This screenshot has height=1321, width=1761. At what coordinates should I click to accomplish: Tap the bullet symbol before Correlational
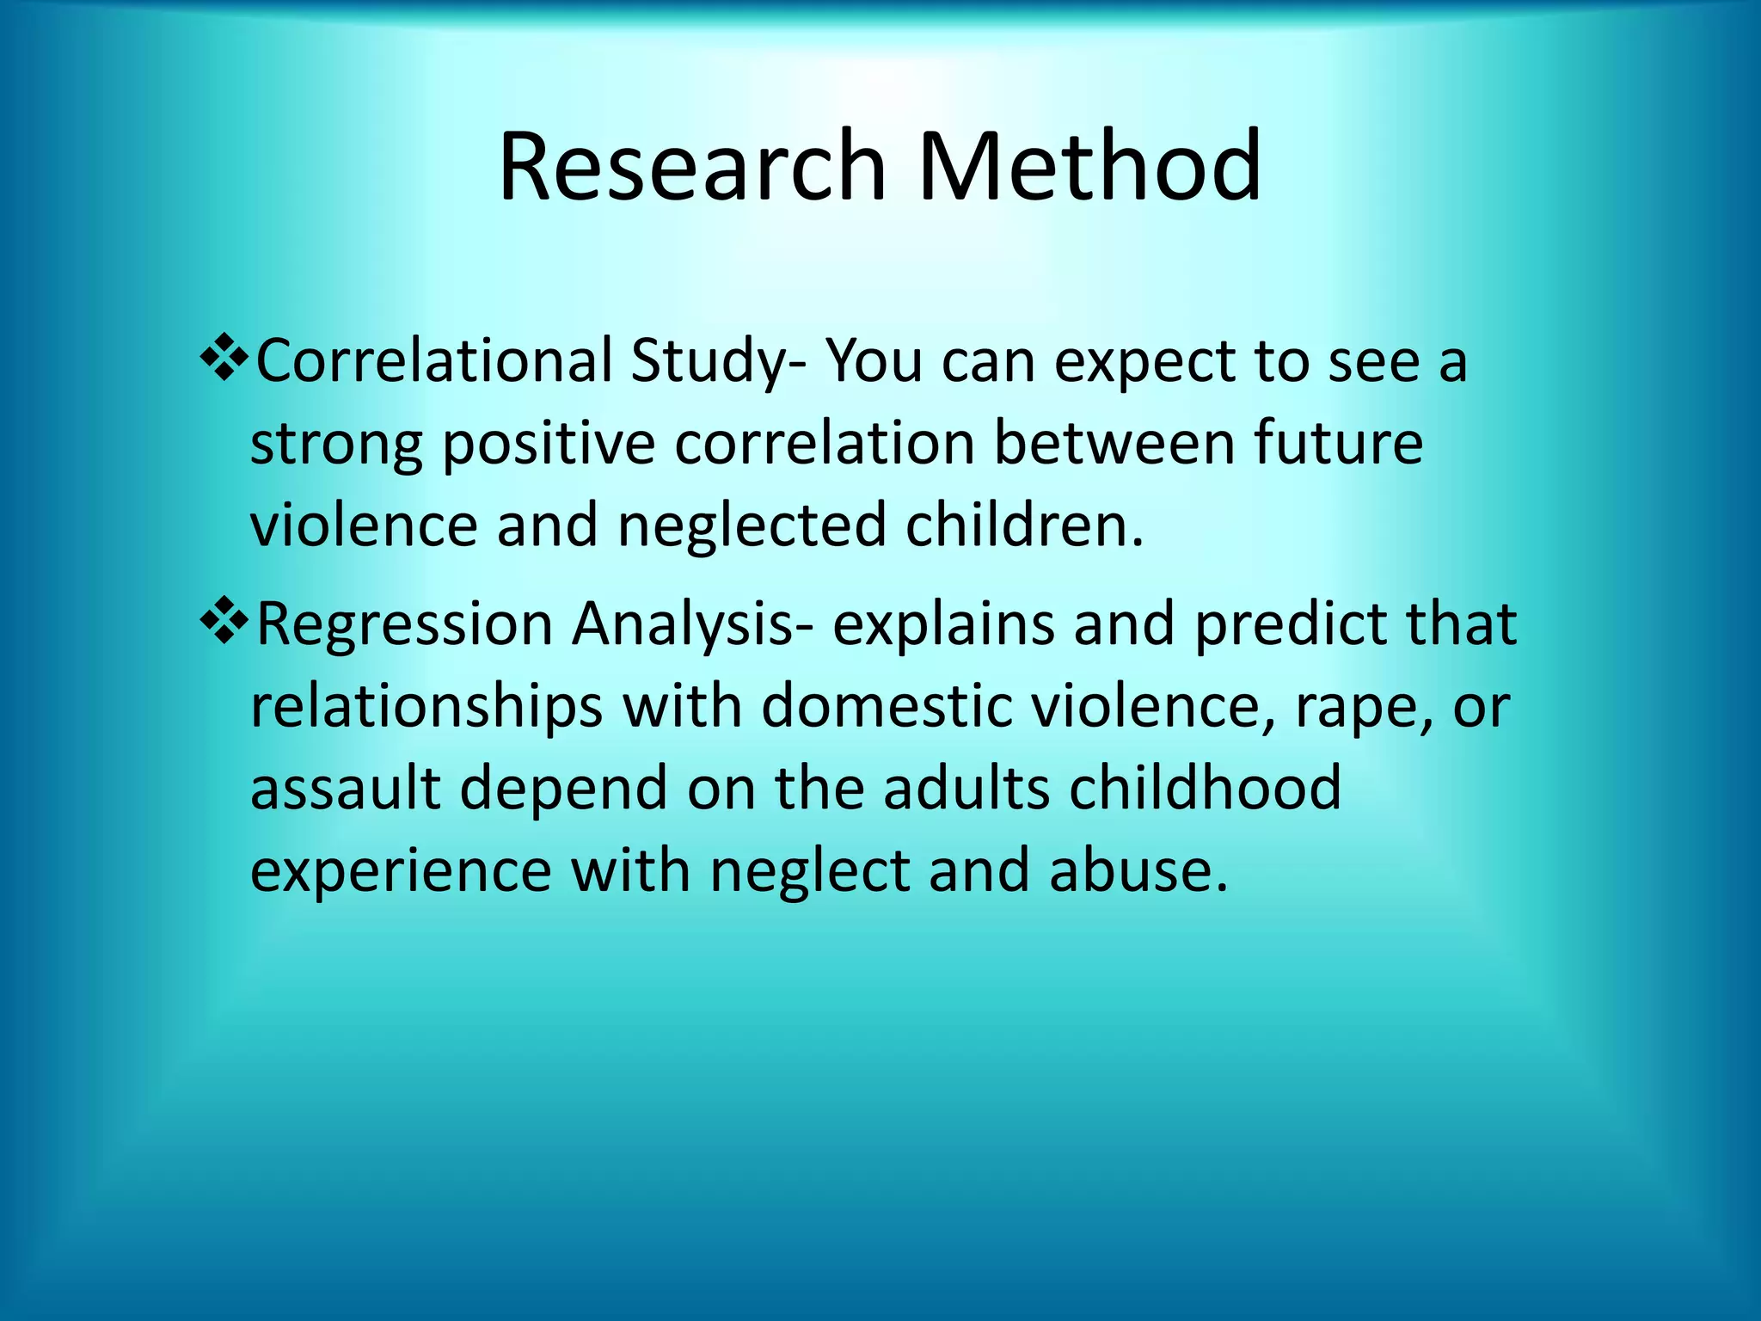(224, 359)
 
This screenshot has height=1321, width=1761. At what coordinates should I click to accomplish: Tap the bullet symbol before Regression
(224, 623)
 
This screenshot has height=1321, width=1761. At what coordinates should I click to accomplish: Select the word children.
(1023, 525)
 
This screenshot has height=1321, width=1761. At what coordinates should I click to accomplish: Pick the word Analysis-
(692, 624)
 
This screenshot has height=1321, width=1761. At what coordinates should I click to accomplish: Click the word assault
(345, 788)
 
